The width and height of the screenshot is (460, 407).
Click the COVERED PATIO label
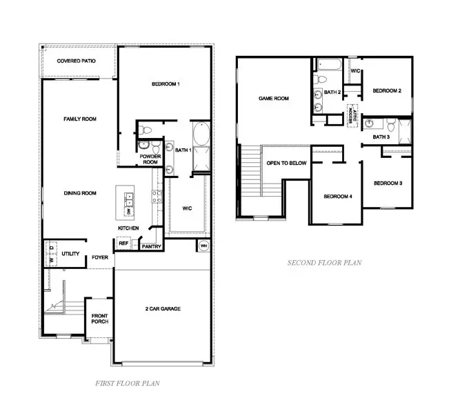[77, 61]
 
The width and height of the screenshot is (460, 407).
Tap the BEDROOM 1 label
[166, 84]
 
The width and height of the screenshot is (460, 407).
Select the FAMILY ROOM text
[79, 119]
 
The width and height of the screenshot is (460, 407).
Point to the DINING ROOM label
[79, 193]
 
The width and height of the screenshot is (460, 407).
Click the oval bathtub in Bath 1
[202, 134]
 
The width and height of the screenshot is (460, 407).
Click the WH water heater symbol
[203, 245]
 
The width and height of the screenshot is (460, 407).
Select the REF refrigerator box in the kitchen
[124, 244]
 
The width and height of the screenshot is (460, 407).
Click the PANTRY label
[151, 246]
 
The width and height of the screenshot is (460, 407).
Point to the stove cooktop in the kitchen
[157, 197]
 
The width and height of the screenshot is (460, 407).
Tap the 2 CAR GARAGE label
[163, 308]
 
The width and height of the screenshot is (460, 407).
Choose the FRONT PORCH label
[100, 319]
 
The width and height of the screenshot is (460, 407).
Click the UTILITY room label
[70, 255]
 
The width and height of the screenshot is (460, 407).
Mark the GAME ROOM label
[273, 99]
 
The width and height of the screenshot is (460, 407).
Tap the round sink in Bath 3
[371, 124]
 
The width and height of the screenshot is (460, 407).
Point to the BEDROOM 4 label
[338, 197]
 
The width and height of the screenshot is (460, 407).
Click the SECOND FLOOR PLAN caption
[324, 263]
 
